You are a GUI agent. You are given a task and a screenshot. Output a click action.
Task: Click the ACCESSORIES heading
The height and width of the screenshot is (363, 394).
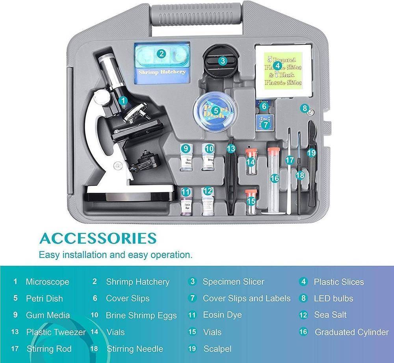point(98,238)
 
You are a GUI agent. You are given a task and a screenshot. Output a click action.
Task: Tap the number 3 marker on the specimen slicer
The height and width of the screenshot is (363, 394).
point(223,61)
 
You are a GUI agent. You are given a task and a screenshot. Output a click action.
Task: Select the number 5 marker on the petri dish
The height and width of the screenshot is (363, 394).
point(216,111)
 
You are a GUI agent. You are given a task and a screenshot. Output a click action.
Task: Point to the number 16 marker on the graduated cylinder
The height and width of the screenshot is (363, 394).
point(275,178)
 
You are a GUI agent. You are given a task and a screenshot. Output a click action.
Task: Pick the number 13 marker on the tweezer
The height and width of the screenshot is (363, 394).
point(231,148)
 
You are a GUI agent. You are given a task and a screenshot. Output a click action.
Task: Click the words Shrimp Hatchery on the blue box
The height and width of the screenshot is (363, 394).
point(162,72)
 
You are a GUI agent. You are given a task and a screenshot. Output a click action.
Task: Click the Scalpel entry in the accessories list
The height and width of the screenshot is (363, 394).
point(217,349)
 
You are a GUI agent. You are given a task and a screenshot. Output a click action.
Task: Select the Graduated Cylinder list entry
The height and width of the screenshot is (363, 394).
point(351,332)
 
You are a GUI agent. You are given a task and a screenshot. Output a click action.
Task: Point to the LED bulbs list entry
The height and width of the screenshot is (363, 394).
point(333,298)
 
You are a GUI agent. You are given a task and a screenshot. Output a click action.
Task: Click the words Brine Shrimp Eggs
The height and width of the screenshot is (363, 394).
point(141,315)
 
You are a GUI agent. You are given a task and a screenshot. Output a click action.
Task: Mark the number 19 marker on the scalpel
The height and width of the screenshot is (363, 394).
point(312,152)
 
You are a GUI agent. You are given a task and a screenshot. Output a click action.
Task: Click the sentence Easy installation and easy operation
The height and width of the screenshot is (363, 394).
point(115,254)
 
